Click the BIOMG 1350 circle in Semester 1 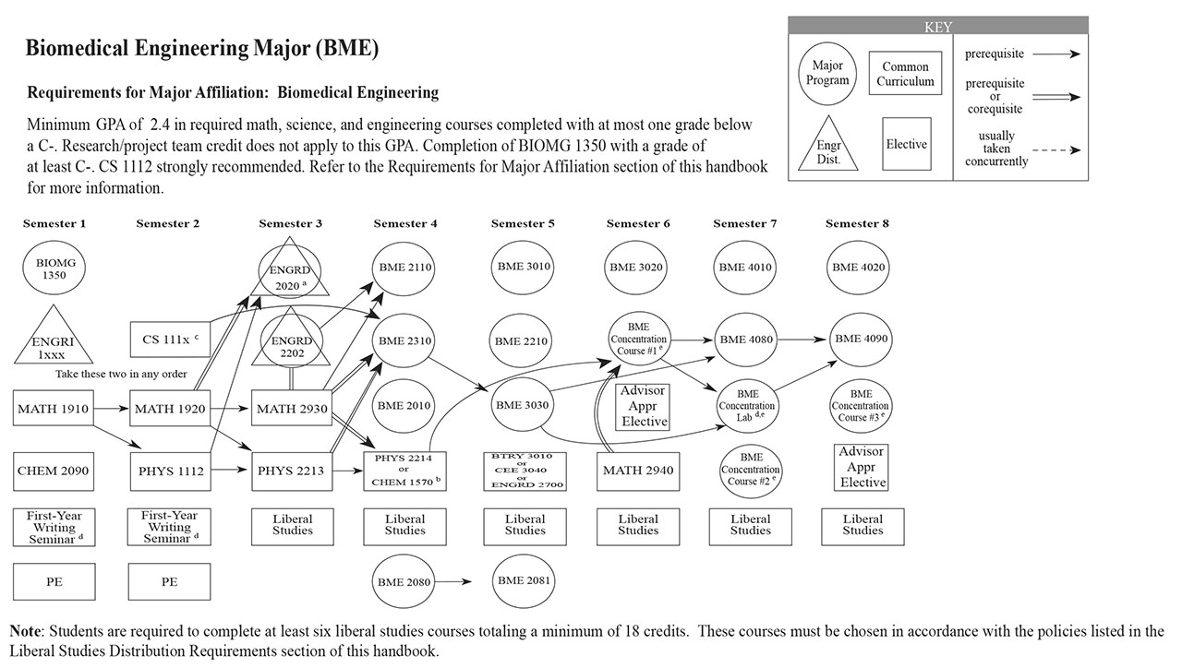click(x=55, y=268)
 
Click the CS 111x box click(x=170, y=340)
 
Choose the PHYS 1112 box click(x=170, y=471)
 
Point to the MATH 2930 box click(x=290, y=408)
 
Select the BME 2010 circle click(x=404, y=406)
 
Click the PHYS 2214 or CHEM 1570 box click(x=405, y=471)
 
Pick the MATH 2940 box click(x=637, y=471)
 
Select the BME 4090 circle click(x=861, y=339)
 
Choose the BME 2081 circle click(x=524, y=581)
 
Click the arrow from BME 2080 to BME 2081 click(x=456, y=582)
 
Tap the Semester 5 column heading click(x=523, y=223)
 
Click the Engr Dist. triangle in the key click(x=828, y=146)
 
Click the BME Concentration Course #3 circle click(x=861, y=406)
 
